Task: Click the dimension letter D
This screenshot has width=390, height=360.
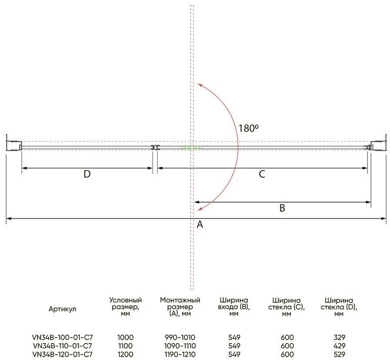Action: pos(87,174)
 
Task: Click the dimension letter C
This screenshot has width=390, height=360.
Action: pos(262,174)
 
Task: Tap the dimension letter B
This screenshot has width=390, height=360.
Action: pos(282,208)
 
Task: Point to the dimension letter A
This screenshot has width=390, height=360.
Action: pos(200,224)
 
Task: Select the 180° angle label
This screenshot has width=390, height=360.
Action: pos(248,128)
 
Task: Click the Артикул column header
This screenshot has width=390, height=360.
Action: pos(62,309)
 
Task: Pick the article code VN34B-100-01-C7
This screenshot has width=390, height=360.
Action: pos(62,337)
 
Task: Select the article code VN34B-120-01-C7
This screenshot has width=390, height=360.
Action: pos(62,354)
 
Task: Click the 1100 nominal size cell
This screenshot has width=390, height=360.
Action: pos(125,346)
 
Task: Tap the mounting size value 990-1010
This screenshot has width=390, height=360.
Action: pos(180,337)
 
